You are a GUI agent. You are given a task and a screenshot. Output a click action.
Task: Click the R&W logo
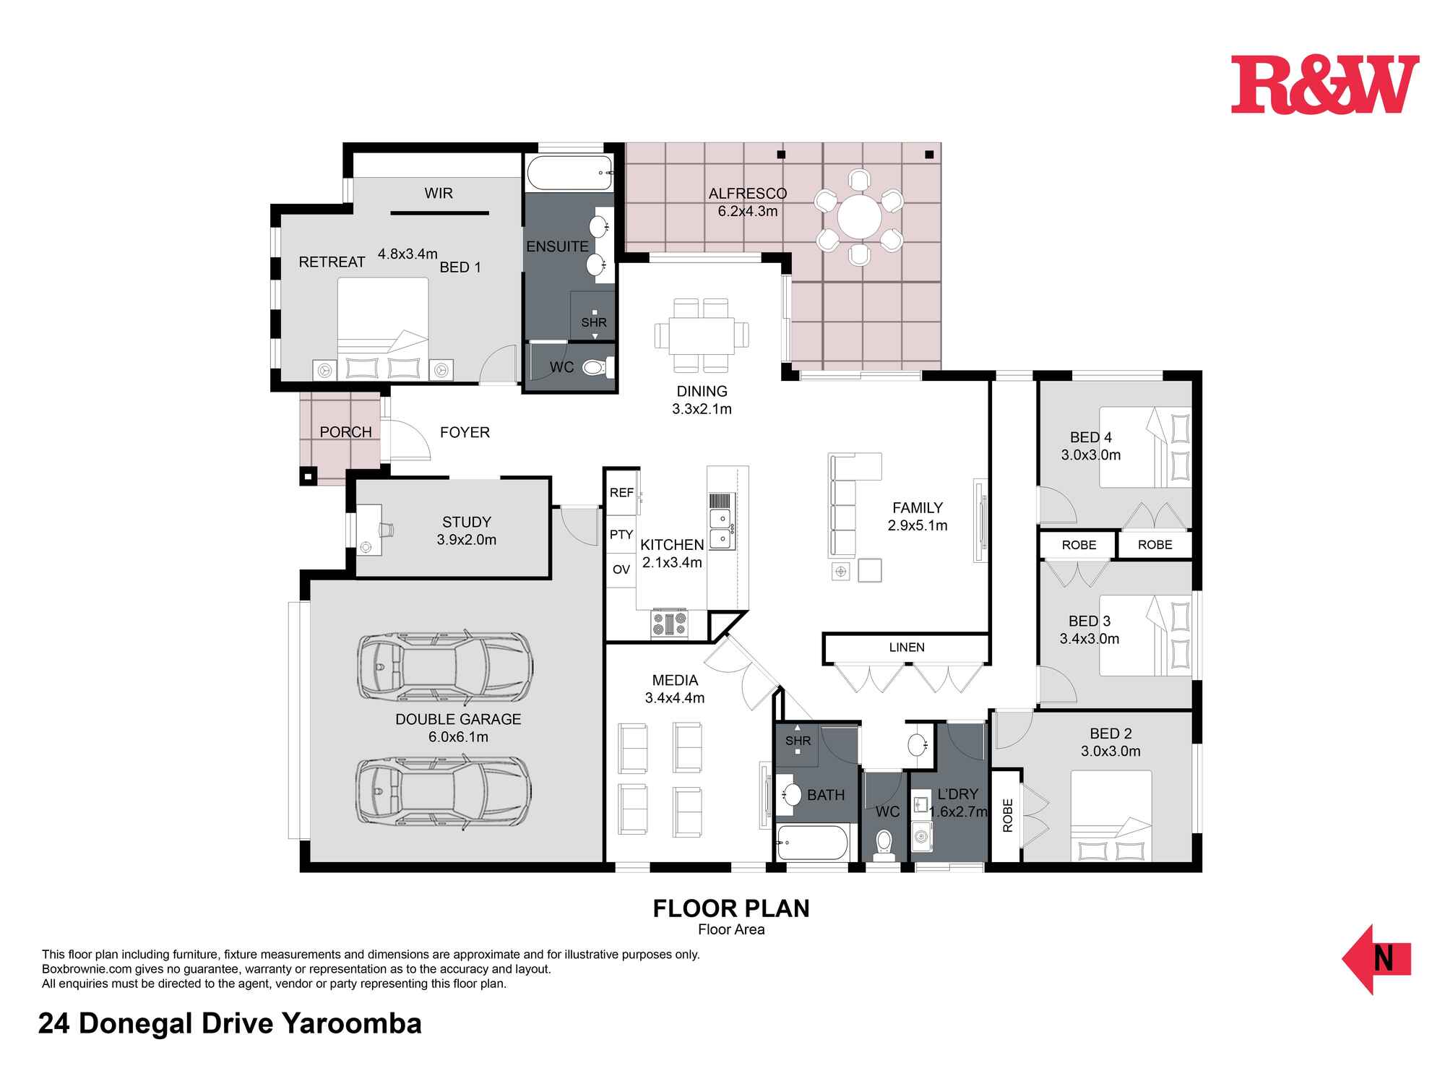[1325, 85]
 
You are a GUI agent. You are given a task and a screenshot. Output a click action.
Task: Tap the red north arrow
[1376, 959]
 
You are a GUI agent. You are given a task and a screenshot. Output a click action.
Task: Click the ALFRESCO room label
[747, 194]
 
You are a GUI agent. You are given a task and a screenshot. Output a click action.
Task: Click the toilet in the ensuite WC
[594, 369]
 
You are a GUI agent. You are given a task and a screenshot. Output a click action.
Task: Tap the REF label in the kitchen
[621, 493]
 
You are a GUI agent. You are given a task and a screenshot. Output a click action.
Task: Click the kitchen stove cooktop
[670, 624]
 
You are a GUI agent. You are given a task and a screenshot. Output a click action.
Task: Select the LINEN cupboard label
[907, 648]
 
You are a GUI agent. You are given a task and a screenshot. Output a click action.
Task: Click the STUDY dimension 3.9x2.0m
[467, 540]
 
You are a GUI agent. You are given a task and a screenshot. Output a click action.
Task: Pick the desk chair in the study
[387, 529]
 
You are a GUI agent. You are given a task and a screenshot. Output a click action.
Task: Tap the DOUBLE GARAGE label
[458, 719]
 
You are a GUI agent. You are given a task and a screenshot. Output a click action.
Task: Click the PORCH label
[345, 432]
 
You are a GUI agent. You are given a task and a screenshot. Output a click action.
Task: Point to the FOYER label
[465, 432]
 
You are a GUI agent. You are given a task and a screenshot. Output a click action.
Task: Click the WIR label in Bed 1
[439, 194]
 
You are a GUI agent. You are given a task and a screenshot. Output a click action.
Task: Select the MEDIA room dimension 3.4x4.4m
[675, 698]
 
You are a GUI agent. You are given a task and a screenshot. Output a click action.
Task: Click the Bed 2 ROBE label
[1008, 815]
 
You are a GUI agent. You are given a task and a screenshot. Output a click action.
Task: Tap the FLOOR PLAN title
[731, 908]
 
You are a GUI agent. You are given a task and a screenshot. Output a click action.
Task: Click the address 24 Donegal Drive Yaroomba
[230, 1024]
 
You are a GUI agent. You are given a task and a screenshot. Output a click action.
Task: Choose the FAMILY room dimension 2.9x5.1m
[918, 525]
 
